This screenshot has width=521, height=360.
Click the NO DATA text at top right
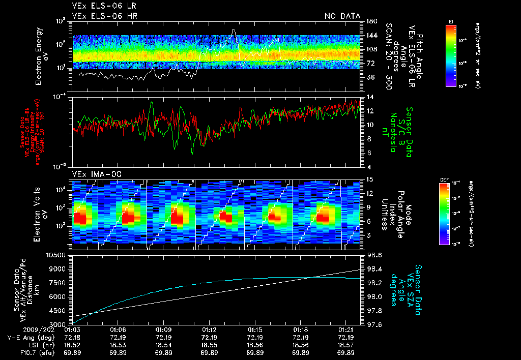(x=342, y=16)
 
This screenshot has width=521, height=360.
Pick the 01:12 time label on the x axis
(x=211, y=330)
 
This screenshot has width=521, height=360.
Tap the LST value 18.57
(x=346, y=345)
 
